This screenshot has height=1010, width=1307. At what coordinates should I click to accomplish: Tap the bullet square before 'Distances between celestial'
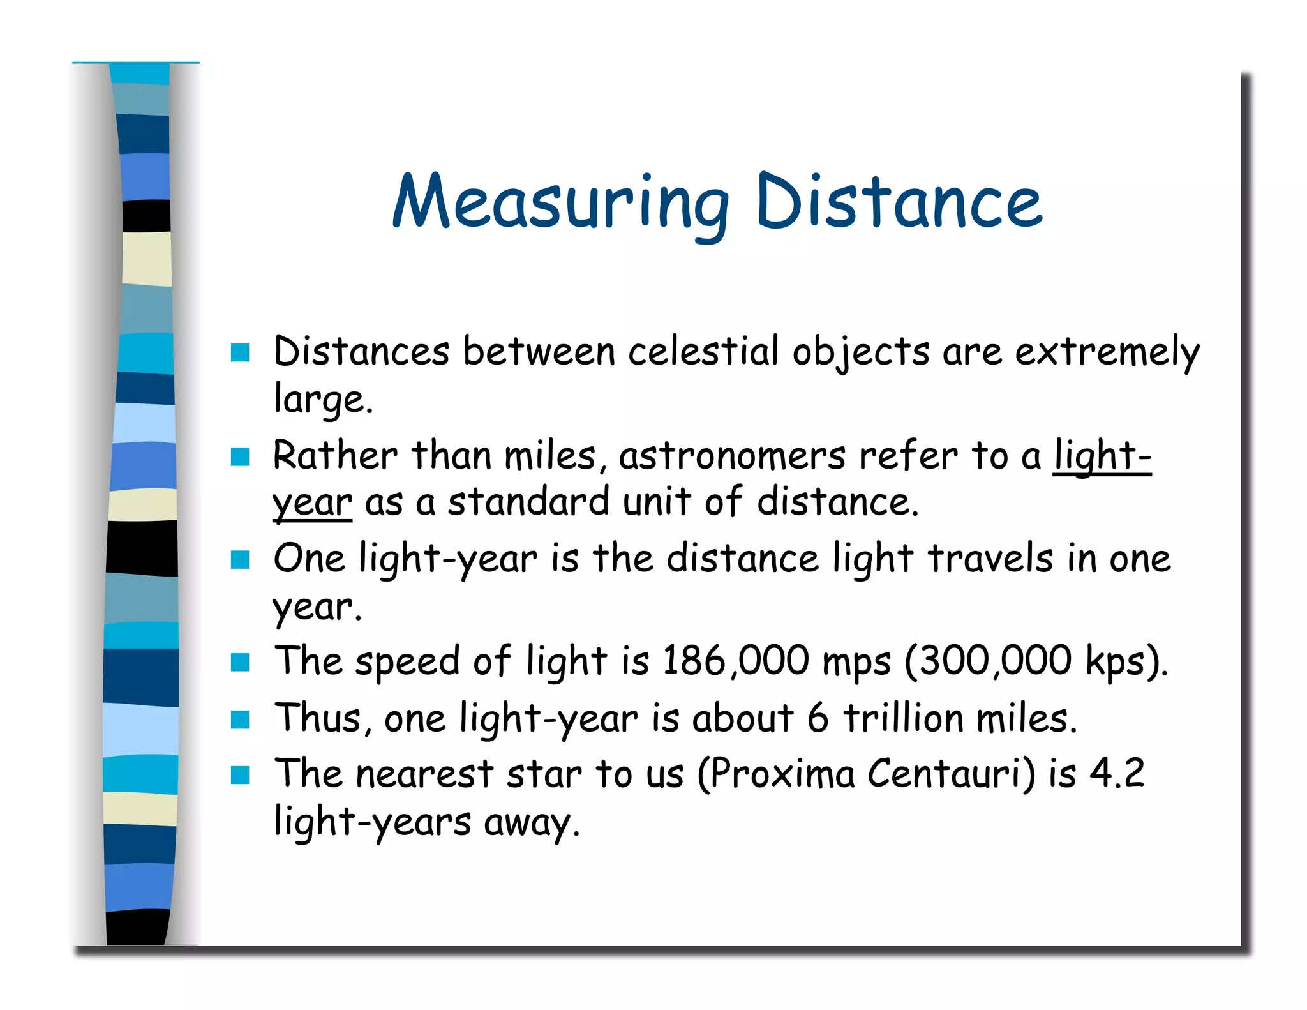pyautogui.click(x=240, y=352)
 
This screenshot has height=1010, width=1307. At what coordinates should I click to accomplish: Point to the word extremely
pyautogui.click(x=1107, y=352)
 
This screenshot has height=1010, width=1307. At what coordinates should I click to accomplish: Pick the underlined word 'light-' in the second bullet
pyautogui.click(x=1102, y=456)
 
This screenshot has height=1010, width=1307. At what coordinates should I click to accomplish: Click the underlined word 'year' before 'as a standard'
pyautogui.click(x=312, y=503)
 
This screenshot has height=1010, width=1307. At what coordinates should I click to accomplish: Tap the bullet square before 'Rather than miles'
pyautogui.click(x=240, y=456)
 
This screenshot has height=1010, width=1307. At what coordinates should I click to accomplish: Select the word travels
pyautogui.click(x=990, y=559)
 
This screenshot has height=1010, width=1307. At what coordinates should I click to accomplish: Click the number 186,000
pyautogui.click(x=735, y=661)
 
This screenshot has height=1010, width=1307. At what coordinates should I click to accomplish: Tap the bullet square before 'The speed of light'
pyautogui.click(x=240, y=662)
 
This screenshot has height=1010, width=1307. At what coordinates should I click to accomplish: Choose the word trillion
pyautogui.click(x=904, y=718)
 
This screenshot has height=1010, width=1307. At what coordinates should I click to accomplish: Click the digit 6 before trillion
pyautogui.click(x=818, y=718)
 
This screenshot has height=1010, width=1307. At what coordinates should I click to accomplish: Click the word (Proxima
pyautogui.click(x=775, y=774)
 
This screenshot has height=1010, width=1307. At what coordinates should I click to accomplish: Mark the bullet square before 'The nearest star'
pyautogui.click(x=240, y=775)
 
